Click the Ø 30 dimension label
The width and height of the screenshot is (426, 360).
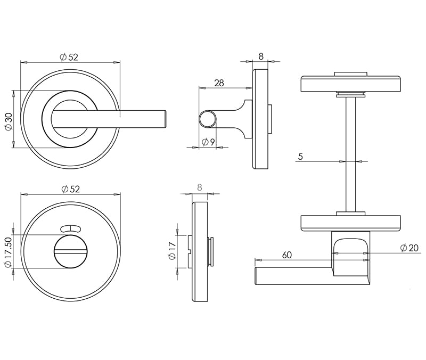(9, 121)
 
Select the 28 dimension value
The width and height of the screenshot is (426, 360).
(219, 83)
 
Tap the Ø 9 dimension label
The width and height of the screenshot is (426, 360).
(208, 142)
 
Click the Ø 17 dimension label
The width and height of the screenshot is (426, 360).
(173, 251)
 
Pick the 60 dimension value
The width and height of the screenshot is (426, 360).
(287, 255)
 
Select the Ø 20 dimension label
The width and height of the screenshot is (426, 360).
(409, 248)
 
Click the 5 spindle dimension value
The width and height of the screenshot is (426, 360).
(300, 157)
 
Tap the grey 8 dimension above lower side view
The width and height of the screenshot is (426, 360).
(200, 187)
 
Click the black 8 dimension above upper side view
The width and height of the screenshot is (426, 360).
(261, 56)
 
